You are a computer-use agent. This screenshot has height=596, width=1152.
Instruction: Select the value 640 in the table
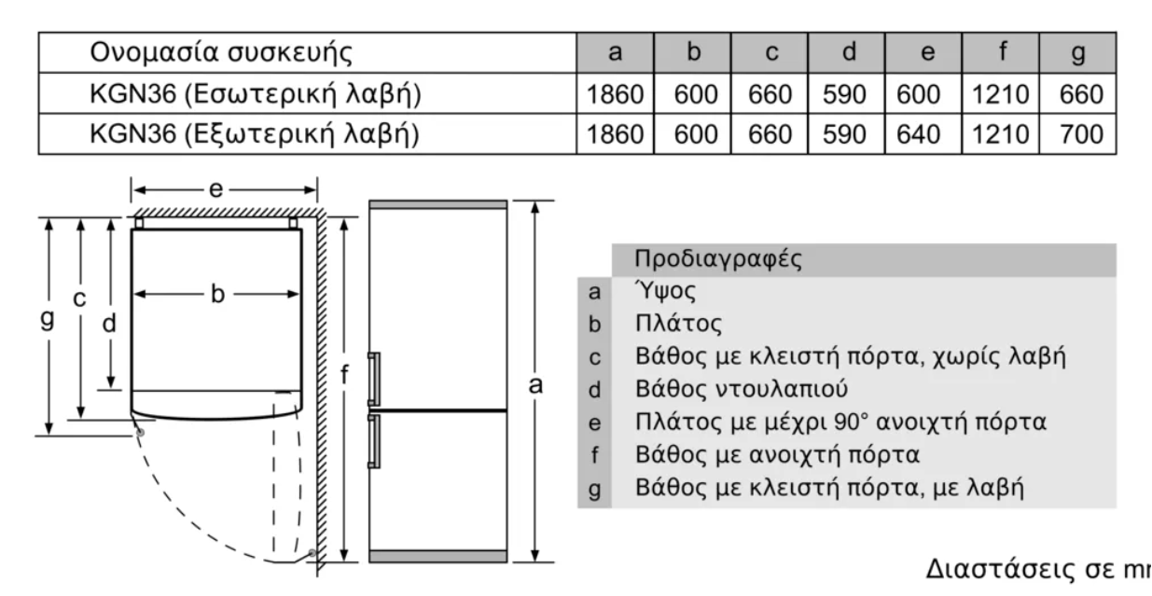(x=919, y=134)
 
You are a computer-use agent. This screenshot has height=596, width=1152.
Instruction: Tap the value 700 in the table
(x=1081, y=134)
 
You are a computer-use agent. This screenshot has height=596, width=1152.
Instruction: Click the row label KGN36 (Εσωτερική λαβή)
(x=255, y=94)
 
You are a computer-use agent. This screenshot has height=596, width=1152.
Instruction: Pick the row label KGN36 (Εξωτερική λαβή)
(x=255, y=134)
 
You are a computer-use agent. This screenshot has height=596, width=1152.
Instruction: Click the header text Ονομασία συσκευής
(x=221, y=52)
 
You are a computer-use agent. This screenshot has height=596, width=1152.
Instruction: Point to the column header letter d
(x=849, y=51)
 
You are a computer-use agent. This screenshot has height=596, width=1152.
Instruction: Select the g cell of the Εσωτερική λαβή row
(x=1081, y=94)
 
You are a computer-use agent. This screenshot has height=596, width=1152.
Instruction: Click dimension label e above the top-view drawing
(x=216, y=189)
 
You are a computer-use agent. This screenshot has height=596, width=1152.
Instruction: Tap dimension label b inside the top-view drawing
(x=217, y=294)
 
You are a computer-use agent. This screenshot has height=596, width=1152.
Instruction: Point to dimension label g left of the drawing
(x=47, y=319)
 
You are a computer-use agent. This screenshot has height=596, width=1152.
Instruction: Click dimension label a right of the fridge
(x=535, y=385)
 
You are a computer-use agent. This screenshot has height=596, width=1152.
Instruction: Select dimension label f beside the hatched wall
(x=344, y=374)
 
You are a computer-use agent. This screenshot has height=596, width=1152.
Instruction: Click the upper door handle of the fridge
(x=374, y=379)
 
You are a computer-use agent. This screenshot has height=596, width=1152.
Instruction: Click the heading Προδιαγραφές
(x=718, y=258)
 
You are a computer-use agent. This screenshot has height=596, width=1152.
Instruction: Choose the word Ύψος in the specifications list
(x=665, y=291)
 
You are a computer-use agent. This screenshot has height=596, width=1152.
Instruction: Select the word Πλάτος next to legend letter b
(x=678, y=324)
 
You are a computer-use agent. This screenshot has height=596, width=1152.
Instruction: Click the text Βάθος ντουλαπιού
(x=742, y=389)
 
